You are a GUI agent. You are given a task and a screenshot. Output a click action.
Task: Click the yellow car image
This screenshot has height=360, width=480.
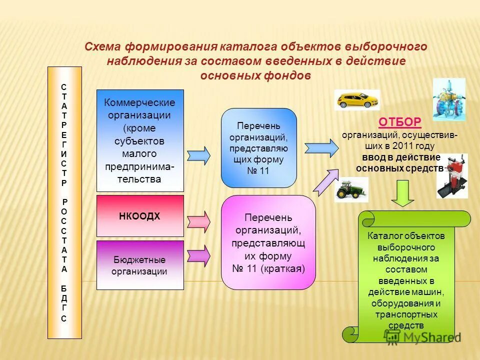click(x=356, y=100)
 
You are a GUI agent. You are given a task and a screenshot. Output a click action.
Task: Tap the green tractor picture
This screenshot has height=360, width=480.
click(x=351, y=189)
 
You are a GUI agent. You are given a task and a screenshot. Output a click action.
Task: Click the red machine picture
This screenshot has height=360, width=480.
click(x=452, y=175)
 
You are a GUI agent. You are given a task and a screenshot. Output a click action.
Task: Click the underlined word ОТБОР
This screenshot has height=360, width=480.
click(x=399, y=122)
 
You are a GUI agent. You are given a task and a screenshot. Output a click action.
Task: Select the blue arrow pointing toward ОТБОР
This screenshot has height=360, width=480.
click(x=321, y=148)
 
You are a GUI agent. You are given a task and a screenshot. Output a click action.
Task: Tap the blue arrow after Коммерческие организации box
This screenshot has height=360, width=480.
click(x=198, y=155)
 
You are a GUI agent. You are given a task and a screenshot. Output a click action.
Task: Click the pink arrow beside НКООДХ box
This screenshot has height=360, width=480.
click(x=198, y=220)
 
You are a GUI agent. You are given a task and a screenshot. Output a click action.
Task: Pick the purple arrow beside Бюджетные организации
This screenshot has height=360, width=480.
click(x=198, y=255)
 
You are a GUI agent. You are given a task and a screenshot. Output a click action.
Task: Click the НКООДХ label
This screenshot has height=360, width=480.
click(x=139, y=216)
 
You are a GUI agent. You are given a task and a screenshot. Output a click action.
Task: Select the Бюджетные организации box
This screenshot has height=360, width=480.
click(x=140, y=265)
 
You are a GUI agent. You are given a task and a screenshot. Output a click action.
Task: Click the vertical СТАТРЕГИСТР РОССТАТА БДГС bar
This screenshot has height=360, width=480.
click(x=64, y=202)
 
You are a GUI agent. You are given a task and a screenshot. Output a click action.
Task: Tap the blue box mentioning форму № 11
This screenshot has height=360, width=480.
click(x=259, y=148)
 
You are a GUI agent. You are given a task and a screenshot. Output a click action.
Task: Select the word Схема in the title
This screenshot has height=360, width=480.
click(x=102, y=47)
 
